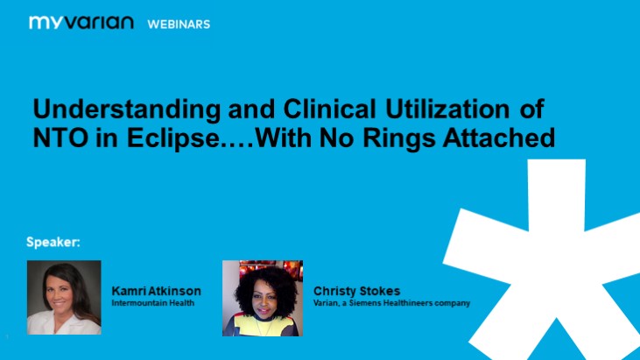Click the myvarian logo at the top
tap(81, 23)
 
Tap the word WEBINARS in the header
tap(179, 24)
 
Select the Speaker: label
tap(53, 242)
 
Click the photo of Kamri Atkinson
tap(64, 297)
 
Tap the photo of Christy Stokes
tap(263, 298)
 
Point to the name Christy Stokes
tap(356, 290)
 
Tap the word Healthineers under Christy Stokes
tap(409, 302)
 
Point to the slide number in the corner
tap(6, 336)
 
